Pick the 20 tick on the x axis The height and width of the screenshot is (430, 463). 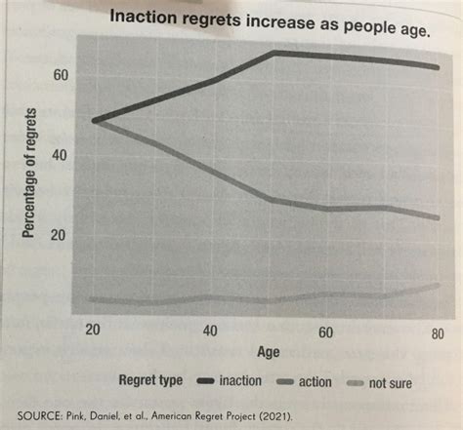(96, 332)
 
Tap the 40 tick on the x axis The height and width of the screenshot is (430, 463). (209, 332)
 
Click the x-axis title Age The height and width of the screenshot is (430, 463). (270, 352)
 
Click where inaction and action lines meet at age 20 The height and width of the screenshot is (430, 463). (96, 121)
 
